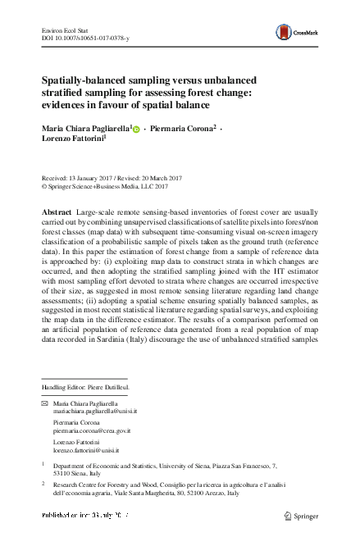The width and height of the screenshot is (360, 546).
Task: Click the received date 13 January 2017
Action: click(85, 177)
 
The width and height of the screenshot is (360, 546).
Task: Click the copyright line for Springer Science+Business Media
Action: click(109, 185)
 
